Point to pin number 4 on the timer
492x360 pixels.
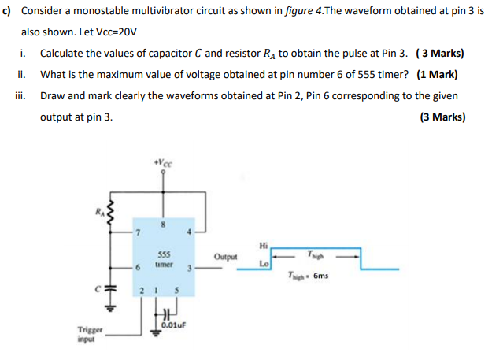coord(188,233)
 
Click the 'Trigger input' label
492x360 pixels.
coord(87,335)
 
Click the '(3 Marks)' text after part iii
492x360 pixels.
coord(442,117)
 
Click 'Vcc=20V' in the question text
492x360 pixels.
coord(115,33)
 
